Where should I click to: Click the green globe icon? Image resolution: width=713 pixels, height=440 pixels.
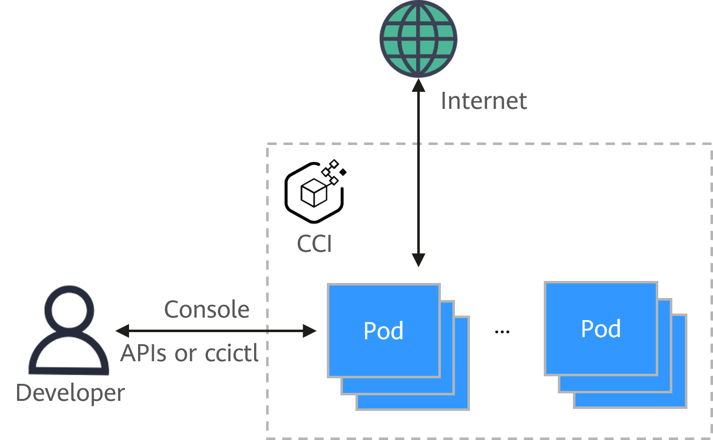[418, 39]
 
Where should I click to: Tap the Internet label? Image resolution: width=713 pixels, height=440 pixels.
[484, 101]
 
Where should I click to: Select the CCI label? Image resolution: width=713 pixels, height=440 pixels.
[314, 244]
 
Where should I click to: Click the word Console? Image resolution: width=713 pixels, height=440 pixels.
[207, 310]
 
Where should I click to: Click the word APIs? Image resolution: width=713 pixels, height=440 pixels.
[144, 353]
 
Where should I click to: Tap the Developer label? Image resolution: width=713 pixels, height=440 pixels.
[70, 393]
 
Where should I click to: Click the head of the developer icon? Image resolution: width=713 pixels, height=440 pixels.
[69, 307]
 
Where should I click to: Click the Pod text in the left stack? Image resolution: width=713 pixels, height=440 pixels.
[384, 331]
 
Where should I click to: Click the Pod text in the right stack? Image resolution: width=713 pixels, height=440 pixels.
[601, 329]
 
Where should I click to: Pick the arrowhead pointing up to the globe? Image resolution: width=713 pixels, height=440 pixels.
[418, 85]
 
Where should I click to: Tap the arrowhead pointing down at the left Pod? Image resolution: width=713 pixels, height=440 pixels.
[418, 260]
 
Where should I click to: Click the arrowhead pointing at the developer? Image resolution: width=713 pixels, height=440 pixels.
[122, 331]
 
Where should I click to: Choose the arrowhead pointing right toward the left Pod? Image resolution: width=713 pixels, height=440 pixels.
[310, 331]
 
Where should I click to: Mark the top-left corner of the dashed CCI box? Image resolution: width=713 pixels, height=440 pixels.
[268, 144]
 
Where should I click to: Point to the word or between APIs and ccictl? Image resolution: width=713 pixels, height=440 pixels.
[185, 354]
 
